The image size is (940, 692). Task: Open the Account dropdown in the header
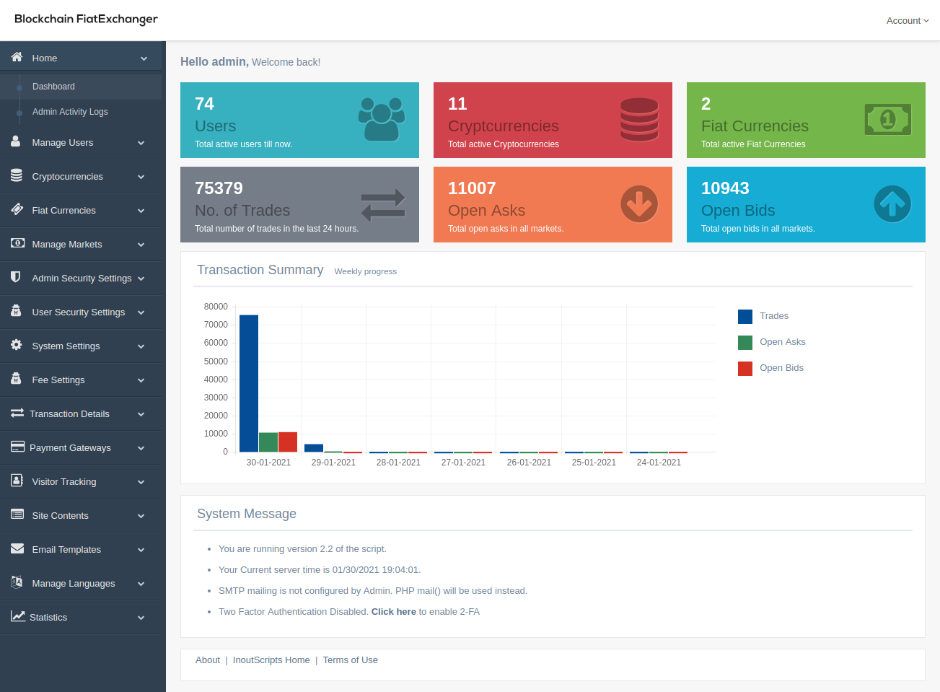[907, 21]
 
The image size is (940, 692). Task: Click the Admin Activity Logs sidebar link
[70, 112]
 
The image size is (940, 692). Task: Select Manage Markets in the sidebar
[67, 245]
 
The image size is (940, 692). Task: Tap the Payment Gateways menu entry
[70, 448]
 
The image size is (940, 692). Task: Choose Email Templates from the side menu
[66, 550]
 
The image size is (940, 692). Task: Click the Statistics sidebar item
[48, 618]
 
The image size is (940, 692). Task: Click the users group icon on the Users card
[382, 119]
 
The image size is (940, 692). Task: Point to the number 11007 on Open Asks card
[472, 188]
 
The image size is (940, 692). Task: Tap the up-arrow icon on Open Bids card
[892, 204]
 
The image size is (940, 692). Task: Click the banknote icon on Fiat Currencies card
[887, 120]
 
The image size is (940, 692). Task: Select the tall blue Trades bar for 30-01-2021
[249, 383]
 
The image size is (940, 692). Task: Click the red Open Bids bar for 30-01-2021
[288, 442]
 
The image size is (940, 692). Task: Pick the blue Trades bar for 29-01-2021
[314, 448]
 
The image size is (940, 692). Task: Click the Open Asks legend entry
[782, 342]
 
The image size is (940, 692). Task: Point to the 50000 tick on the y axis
[216, 362]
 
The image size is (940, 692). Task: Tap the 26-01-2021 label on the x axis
[529, 463]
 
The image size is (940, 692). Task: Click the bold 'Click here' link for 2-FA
[393, 612]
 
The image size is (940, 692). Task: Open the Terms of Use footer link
[350, 660]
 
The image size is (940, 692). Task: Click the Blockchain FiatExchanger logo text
[86, 19]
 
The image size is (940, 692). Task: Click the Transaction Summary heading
[260, 270]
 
